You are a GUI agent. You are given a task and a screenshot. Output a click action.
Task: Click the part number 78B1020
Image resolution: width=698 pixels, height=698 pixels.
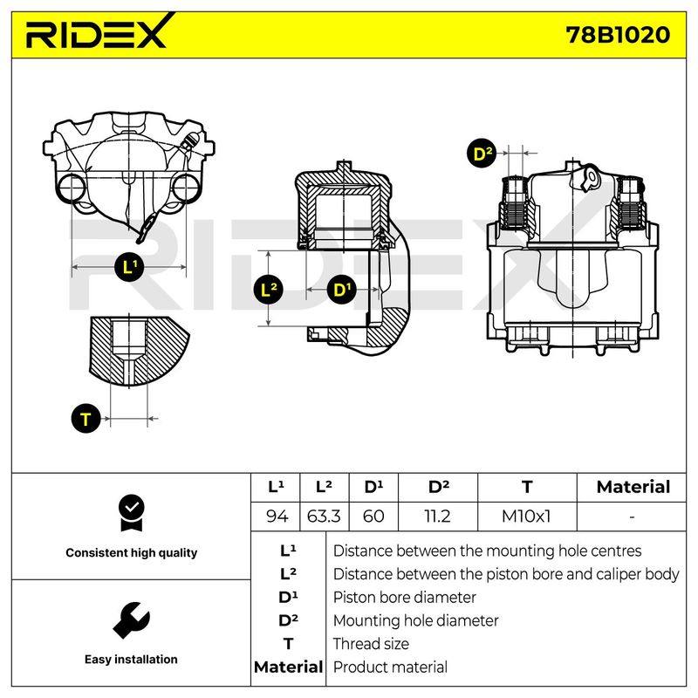(x=618, y=35)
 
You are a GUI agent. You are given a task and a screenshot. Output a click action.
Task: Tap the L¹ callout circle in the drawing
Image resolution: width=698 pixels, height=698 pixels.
(x=129, y=267)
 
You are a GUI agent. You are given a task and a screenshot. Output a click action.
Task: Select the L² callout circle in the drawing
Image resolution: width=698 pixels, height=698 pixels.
(x=268, y=291)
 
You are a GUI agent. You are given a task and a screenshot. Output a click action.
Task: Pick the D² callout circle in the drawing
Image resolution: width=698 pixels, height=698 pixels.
(x=482, y=154)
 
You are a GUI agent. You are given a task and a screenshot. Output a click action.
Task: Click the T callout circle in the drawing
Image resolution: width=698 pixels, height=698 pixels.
(x=86, y=419)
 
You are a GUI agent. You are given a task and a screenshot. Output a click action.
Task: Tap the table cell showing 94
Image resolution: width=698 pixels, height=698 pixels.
(x=276, y=517)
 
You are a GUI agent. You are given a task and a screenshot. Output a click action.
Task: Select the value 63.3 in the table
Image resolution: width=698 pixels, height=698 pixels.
(x=324, y=517)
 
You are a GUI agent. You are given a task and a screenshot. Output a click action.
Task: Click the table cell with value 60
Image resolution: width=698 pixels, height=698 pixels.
(x=373, y=517)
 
